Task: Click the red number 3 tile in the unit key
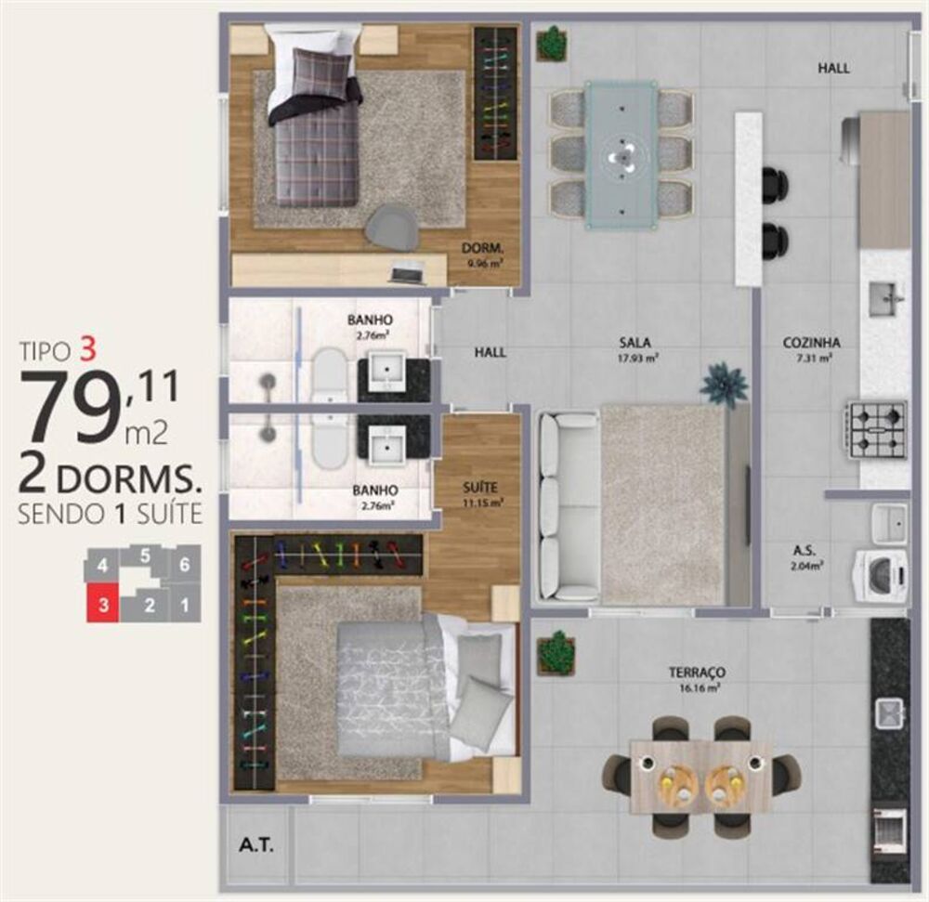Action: click(104, 606)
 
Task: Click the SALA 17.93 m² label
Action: click(637, 347)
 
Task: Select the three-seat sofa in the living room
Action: click(567, 506)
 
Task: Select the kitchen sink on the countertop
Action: click(885, 298)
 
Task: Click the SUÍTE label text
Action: click(482, 488)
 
